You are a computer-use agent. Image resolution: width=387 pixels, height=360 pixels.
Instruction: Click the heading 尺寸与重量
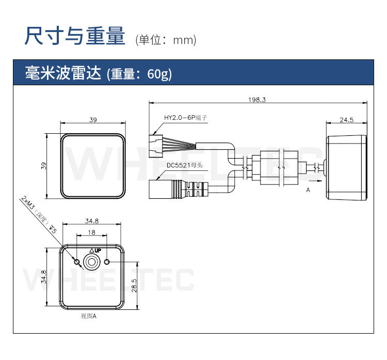pyautogui.click(x=75, y=37)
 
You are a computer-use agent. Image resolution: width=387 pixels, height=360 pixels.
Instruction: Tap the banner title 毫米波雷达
pyautogui.click(x=64, y=74)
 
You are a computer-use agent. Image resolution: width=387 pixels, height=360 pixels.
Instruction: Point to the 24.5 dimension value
pyautogui.click(x=346, y=120)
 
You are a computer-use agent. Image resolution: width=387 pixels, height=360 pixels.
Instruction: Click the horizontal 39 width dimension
pyautogui.click(x=93, y=120)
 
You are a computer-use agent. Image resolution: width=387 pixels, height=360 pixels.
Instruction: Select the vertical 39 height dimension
pyautogui.click(x=44, y=166)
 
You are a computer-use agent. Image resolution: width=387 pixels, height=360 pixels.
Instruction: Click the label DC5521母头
pyautogui.click(x=185, y=166)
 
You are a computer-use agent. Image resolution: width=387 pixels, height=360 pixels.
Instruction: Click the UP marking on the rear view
pyautogui.click(x=94, y=251)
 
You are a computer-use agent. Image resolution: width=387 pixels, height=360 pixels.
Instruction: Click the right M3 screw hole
pyautogui.click(x=107, y=262)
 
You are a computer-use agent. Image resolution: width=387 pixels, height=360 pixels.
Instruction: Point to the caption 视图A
pyautogui.click(x=89, y=316)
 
